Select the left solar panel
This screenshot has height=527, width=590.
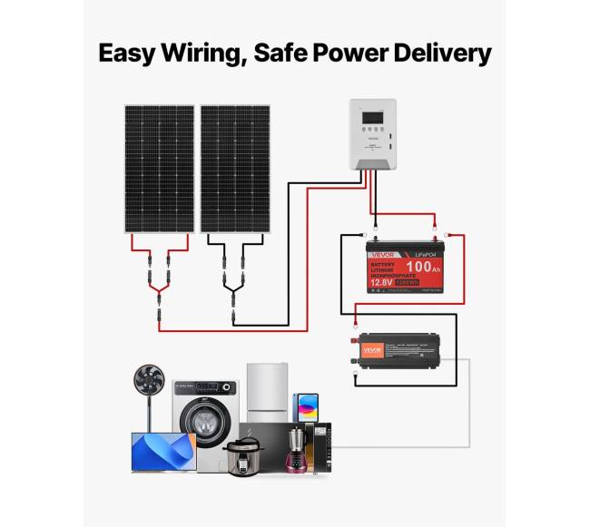[159, 169]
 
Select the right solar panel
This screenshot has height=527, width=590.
[236, 169]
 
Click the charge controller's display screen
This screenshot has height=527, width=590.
[373, 117]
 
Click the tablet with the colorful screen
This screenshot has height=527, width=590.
[305, 405]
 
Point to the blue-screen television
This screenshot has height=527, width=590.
[162, 451]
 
